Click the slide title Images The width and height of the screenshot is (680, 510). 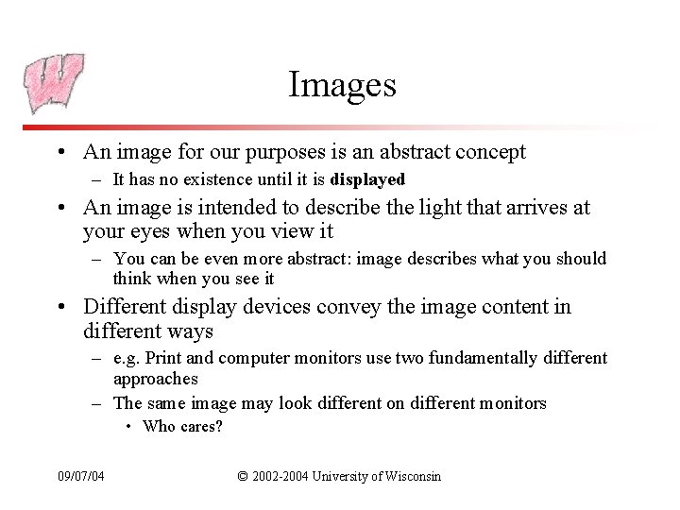342,85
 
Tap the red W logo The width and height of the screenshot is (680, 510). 54,83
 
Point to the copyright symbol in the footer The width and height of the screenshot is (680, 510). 243,475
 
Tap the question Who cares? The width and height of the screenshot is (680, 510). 182,427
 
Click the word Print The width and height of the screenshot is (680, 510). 164,359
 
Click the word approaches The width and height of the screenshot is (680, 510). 155,379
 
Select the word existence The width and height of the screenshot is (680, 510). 215,179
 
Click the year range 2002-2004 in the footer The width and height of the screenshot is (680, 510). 277,475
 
